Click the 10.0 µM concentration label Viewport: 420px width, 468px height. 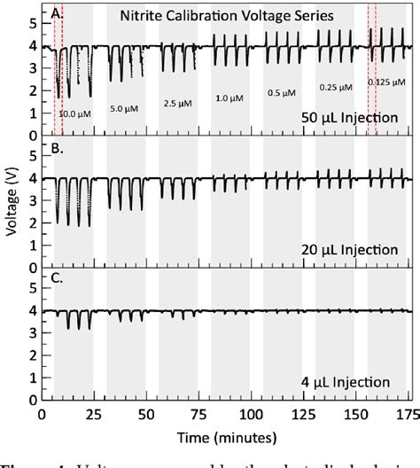[x=74, y=113]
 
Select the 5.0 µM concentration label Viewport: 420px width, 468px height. [x=124, y=108]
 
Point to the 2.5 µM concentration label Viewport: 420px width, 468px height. [x=177, y=103]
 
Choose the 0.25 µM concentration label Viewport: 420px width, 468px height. [x=335, y=87]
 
